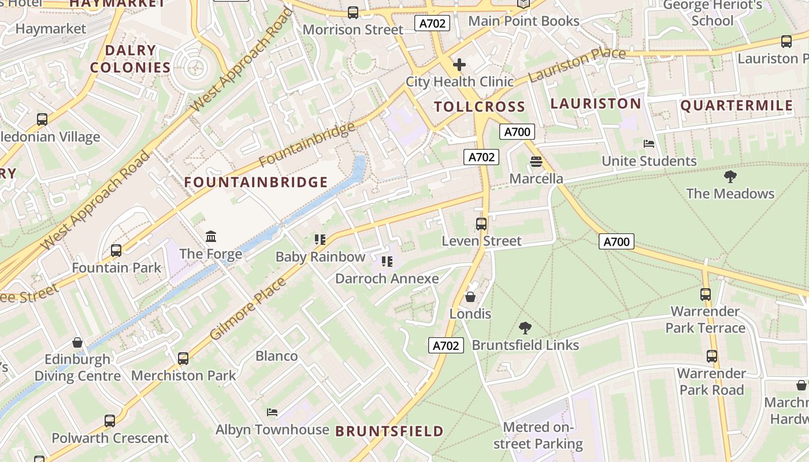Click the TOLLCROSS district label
(x=479, y=106)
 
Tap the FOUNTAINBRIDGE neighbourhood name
(x=256, y=182)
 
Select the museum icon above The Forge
(x=211, y=236)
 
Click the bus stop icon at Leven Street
(x=481, y=223)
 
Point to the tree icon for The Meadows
(x=730, y=176)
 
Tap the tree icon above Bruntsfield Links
(x=525, y=328)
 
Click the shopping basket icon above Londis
(x=470, y=297)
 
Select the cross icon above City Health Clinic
(x=459, y=64)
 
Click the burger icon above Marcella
(x=536, y=161)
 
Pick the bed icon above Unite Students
(x=649, y=143)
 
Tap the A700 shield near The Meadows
(x=616, y=241)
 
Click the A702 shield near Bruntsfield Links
(x=446, y=345)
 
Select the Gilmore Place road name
(x=248, y=308)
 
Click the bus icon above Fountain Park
(x=116, y=251)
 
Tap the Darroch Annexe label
(x=387, y=278)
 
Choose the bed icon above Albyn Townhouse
(x=272, y=412)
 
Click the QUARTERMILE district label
(x=736, y=106)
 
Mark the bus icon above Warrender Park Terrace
(x=706, y=294)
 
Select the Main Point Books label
(x=524, y=21)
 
